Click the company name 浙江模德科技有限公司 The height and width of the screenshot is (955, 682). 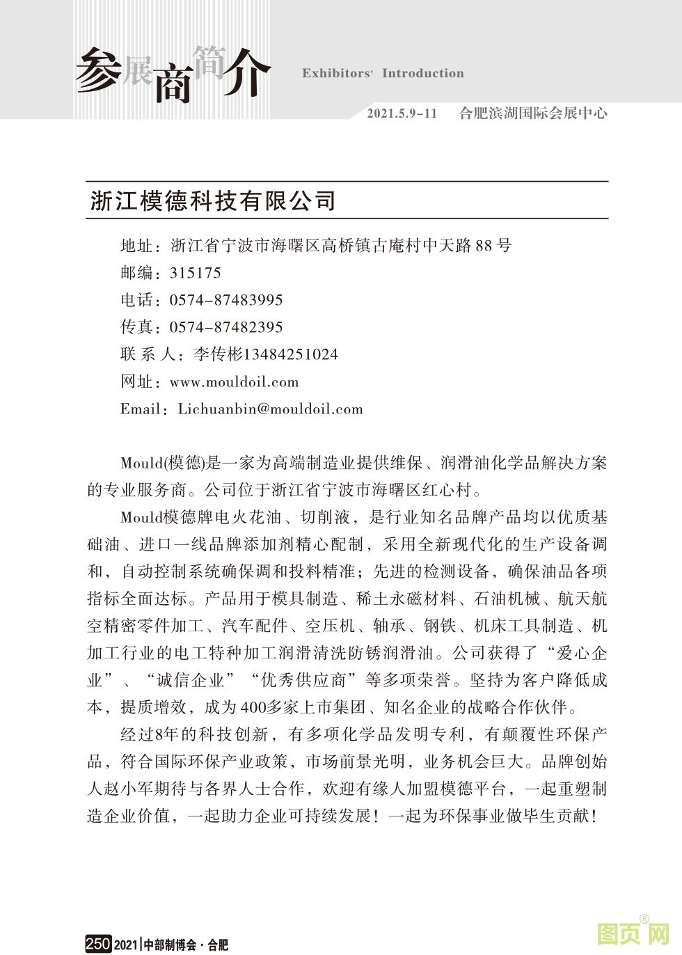pyautogui.click(x=213, y=200)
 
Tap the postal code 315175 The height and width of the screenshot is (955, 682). pyautogui.click(x=196, y=273)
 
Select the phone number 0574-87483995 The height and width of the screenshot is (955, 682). pyautogui.click(x=226, y=300)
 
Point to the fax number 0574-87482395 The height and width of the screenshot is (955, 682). pyautogui.click(x=226, y=327)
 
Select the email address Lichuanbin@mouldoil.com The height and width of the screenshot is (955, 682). pyautogui.click(x=271, y=409)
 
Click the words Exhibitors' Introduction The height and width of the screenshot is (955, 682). pyautogui.click(x=383, y=73)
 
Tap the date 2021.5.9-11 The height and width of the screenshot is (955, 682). pyautogui.click(x=402, y=113)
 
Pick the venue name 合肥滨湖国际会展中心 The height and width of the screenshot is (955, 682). pyautogui.click(x=533, y=113)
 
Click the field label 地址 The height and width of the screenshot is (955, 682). pyautogui.click(x=136, y=245)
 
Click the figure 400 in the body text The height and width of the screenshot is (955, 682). pyautogui.click(x=253, y=708)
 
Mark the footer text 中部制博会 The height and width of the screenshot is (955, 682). pyautogui.click(x=170, y=945)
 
